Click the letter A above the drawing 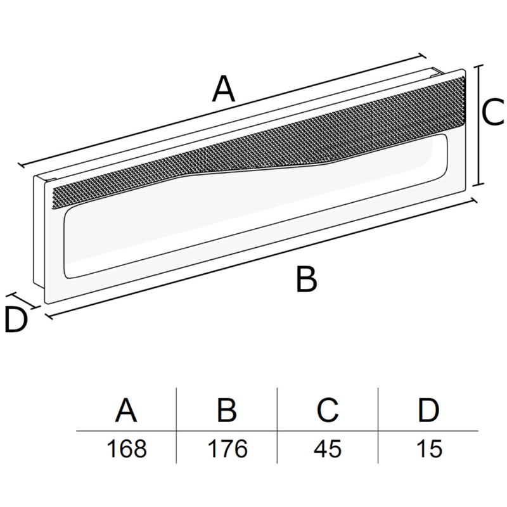coord(224,88)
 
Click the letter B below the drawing coord(306,279)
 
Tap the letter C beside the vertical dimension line coord(492,112)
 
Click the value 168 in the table coord(126,449)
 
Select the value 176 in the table coord(228,449)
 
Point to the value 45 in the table coord(328,449)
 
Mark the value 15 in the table coord(429,449)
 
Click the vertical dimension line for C coord(479,125)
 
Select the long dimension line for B coord(261,258)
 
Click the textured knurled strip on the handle coord(259,142)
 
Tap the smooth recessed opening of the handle coord(255,207)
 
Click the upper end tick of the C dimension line coord(479,66)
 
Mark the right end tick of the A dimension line coord(421,56)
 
